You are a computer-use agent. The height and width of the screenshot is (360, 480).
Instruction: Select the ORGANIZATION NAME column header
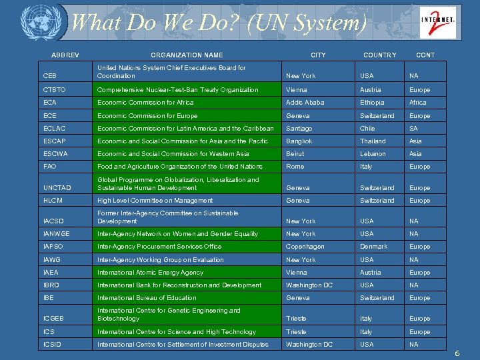pos(187,55)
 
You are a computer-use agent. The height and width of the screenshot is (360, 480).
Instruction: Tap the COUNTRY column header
pos(379,55)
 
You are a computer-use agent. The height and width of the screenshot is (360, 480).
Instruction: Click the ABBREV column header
pos(65,55)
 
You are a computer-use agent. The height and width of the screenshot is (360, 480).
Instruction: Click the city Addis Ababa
pos(305,103)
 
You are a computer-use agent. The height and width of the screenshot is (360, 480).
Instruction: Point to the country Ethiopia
pos(372,103)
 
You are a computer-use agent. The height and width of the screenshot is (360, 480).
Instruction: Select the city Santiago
pos(299,129)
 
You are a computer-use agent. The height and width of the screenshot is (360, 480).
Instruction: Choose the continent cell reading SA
pos(414,129)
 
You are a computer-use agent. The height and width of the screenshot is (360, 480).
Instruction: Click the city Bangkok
pos(299,141)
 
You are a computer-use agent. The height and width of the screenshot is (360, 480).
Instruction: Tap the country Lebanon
pos(373,154)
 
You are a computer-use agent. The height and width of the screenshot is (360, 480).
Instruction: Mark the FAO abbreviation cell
pos(50,167)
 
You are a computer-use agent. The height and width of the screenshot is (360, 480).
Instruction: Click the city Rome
pos(295,167)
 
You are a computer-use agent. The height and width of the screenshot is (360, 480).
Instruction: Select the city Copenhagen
pos(305,247)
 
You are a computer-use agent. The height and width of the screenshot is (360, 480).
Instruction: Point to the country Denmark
pos(373,247)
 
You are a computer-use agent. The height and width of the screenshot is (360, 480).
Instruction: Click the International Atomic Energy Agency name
pos(150,273)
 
